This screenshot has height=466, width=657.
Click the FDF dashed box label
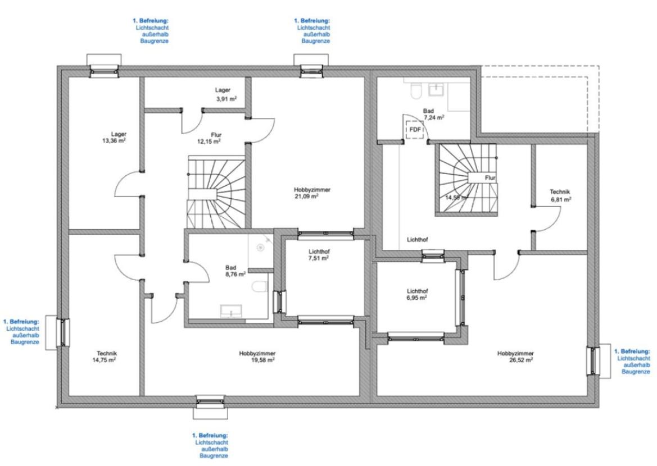pyautogui.click(x=415, y=129)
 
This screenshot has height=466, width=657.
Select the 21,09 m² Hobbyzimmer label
pyautogui.click(x=312, y=193)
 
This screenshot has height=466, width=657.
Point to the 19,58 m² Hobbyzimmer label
pyautogui.click(x=257, y=357)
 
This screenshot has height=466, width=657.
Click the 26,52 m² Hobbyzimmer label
pyautogui.click(x=515, y=357)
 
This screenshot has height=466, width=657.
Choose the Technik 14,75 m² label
pyautogui.click(x=104, y=357)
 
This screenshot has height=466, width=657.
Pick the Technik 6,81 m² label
pyautogui.click(x=561, y=196)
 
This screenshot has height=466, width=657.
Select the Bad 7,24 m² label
pyautogui.click(x=432, y=115)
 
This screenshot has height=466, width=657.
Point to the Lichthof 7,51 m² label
pyautogui.click(x=319, y=255)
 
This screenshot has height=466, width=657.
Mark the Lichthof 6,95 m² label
pyautogui.click(x=418, y=294)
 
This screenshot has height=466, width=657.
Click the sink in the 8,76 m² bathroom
pyautogui.click(x=231, y=311)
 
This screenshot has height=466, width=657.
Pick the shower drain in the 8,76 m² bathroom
pyautogui.click(x=260, y=248)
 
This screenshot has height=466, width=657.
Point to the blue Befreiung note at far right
pyautogui.click(x=632, y=362)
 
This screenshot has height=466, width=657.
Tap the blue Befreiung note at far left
pyautogui.click(x=21, y=332)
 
